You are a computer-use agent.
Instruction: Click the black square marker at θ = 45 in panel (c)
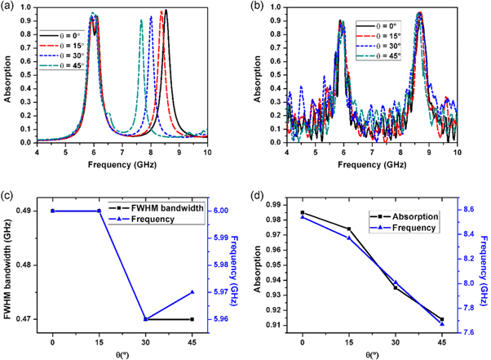(192, 319)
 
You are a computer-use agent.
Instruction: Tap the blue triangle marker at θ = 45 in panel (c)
(192, 292)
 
